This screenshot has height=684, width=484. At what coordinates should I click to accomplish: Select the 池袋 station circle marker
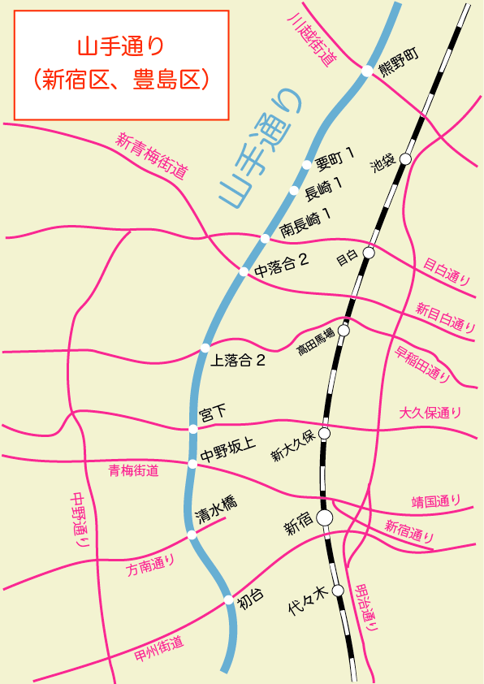pyautogui.click(x=406, y=158)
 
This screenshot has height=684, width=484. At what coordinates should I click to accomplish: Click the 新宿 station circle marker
pyautogui.click(x=325, y=517)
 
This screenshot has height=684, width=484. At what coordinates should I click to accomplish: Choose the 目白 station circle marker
pyautogui.click(x=369, y=253)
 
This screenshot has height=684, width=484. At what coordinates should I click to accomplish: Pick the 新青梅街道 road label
pyautogui.click(x=152, y=155)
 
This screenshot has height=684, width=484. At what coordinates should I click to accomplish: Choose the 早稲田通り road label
pyautogui.click(x=422, y=364)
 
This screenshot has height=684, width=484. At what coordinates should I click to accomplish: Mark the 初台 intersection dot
pyautogui.click(x=228, y=600)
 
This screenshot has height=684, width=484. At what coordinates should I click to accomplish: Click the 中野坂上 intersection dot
pyautogui.click(x=192, y=464)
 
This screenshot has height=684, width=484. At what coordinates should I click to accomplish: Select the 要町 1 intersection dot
pyautogui.click(x=306, y=165)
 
